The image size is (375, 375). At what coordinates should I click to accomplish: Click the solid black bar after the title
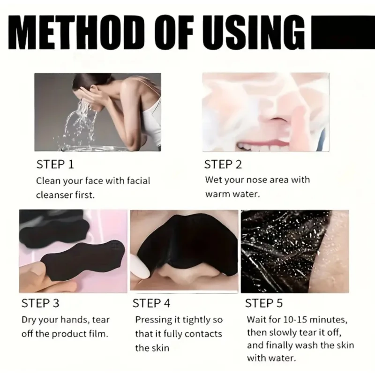343,32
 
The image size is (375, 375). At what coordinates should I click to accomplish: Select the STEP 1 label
55,165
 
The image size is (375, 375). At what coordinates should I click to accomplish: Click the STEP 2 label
223,165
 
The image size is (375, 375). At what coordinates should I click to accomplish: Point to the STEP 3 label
40,303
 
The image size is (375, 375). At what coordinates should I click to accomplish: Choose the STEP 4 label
151,303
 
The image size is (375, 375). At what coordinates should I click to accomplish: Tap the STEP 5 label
264,303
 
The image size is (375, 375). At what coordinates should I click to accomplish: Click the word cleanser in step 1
54,195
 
